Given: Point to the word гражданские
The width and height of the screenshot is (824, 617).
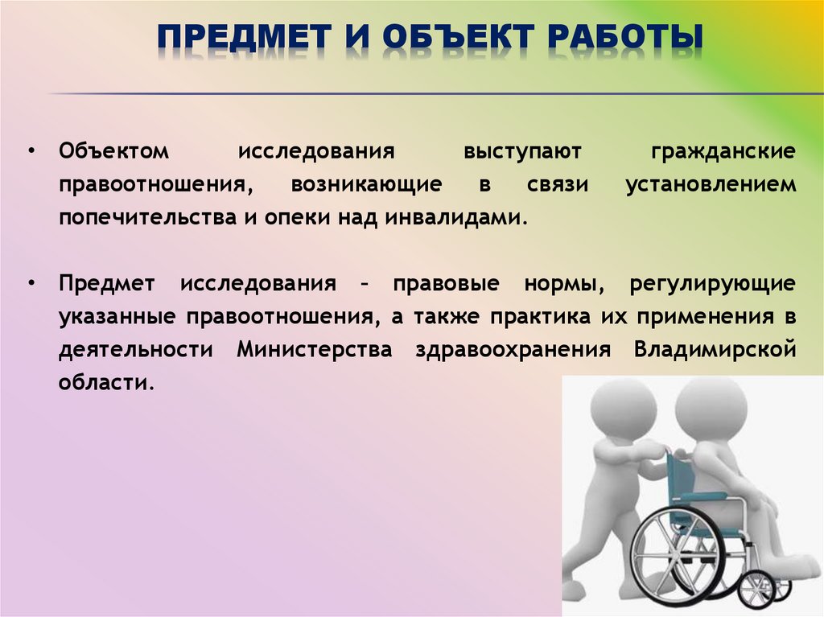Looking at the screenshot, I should pyautogui.click(x=722, y=151).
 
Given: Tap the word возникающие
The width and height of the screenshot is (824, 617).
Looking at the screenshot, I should pyautogui.click(x=366, y=184).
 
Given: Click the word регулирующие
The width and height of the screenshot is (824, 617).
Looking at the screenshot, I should pyautogui.click(x=714, y=284).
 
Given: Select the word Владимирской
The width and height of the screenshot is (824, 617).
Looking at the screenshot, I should pyautogui.click(x=715, y=350).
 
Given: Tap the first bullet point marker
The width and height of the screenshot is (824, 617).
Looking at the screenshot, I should pyautogui.click(x=31, y=151).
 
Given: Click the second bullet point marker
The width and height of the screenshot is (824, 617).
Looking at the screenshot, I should pyautogui.click(x=31, y=284).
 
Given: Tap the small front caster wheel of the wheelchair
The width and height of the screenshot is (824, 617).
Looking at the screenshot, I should pyautogui.click(x=756, y=589).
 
